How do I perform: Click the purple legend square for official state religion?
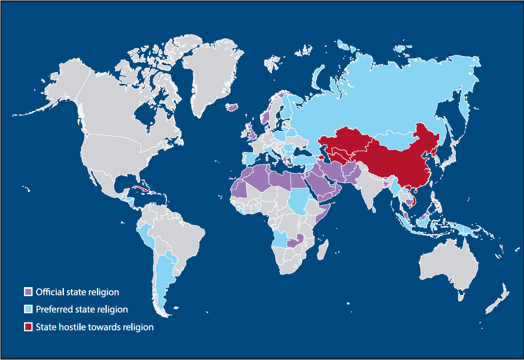pyautogui.click(x=28, y=292)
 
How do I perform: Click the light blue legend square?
pyautogui.click(x=28, y=309)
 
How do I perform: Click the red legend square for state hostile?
pyautogui.click(x=28, y=327)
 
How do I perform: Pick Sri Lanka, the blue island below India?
pyautogui.click(x=374, y=210)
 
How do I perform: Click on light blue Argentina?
pyautogui.click(x=165, y=274)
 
